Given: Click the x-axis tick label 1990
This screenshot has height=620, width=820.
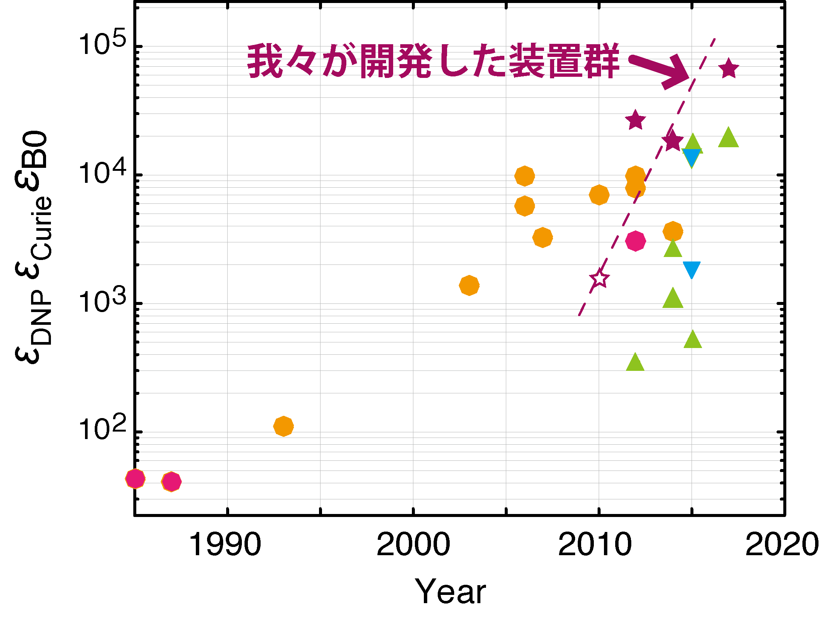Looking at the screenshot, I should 225,544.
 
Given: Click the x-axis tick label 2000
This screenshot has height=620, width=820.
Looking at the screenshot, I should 413,544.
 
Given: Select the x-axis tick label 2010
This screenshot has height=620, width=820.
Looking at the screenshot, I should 595,544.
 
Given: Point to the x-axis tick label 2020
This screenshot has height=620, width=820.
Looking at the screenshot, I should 782,544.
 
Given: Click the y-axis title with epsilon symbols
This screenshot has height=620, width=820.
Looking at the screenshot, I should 33,247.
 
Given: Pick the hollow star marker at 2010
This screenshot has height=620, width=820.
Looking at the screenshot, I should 599,278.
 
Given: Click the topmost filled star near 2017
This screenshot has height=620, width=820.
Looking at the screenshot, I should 728,69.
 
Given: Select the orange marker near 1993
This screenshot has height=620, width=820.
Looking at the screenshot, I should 283,426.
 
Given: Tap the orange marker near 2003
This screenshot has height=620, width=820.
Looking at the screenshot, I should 469,285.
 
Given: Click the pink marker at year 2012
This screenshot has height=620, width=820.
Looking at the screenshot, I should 635,241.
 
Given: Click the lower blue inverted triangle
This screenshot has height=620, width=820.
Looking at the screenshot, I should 691,269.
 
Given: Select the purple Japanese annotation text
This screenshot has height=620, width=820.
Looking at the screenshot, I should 432,61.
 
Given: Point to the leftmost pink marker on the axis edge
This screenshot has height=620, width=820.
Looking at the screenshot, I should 135,479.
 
